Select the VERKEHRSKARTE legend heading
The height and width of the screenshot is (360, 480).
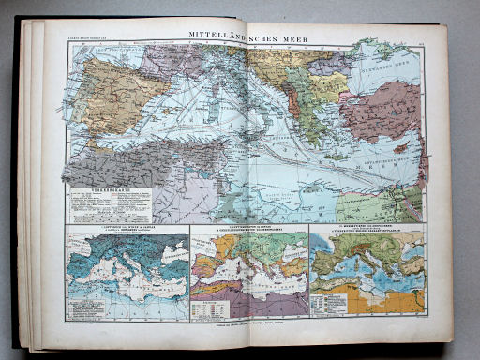click(x=111, y=190)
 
